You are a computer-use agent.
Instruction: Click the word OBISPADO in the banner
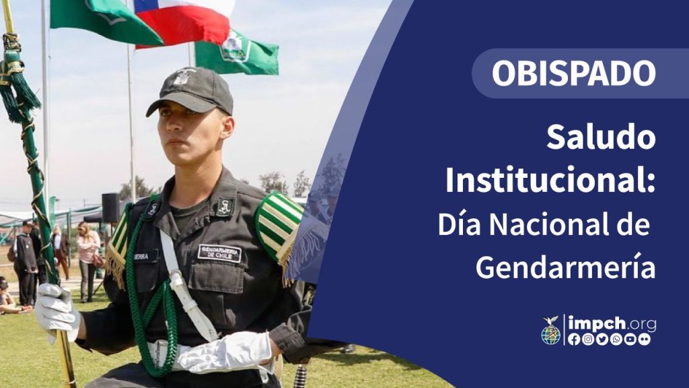click(573, 73)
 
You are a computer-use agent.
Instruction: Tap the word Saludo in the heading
click(601, 137)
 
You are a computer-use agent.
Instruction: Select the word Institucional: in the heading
click(550, 179)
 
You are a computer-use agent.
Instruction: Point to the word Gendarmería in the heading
click(566, 266)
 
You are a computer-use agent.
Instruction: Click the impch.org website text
click(612, 324)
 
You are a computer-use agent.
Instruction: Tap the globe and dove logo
click(551, 330)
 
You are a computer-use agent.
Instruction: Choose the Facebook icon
click(574, 339)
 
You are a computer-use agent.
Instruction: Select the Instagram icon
click(588, 339)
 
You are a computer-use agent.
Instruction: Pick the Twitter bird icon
click(602, 339)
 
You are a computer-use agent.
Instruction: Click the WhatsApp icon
click(616, 339)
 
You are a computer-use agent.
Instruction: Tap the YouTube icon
click(630, 339)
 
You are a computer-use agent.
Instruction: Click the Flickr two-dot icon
click(644, 339)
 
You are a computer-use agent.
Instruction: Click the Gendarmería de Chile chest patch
click(220, 253)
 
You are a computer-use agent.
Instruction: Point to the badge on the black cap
click(182, 76)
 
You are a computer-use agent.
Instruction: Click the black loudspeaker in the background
click(111, 207)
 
